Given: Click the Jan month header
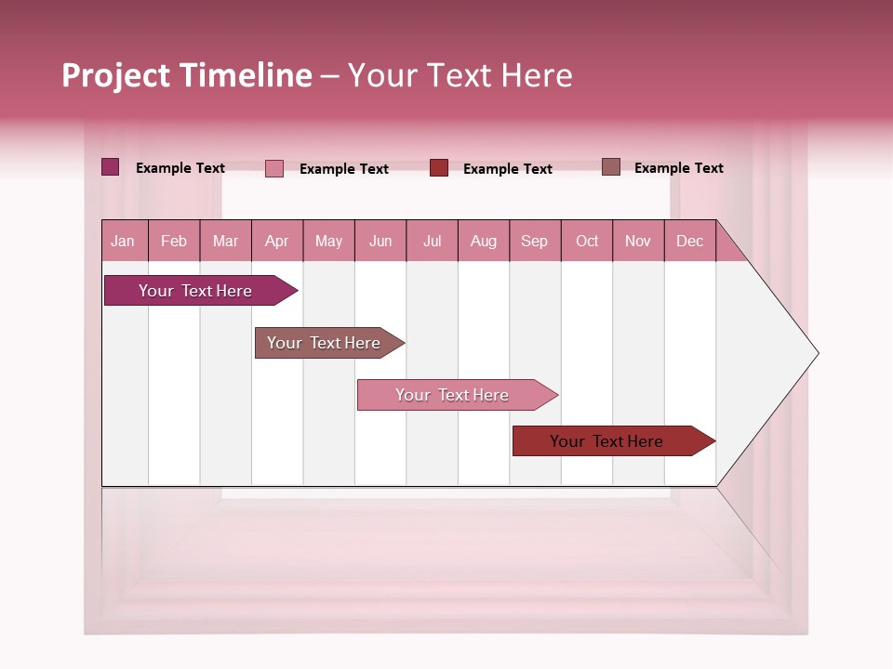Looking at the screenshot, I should (x=123, y=241).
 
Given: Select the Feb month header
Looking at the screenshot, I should (x=174, y=241).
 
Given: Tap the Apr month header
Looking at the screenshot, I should (x=276, y=241).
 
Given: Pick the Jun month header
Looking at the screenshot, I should (x=380, y=241).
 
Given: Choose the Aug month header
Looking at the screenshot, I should (x=483, y=241).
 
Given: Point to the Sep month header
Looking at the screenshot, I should (x=534, y=241).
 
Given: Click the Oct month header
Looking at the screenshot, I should (x=587, y=241).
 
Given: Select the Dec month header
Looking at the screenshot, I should (x=689, y=241).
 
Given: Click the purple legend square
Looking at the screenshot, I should (x=110, y=167).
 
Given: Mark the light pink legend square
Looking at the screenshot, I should (x=274, y=168).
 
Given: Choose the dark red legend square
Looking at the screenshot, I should (x=439, y=168).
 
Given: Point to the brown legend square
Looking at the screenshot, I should (x=610, y=167).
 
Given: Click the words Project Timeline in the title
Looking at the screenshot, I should (x=186, y=75).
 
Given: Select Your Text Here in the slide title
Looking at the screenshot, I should (x=460, y=75).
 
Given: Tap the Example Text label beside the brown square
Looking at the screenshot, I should (x=678, y=168).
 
